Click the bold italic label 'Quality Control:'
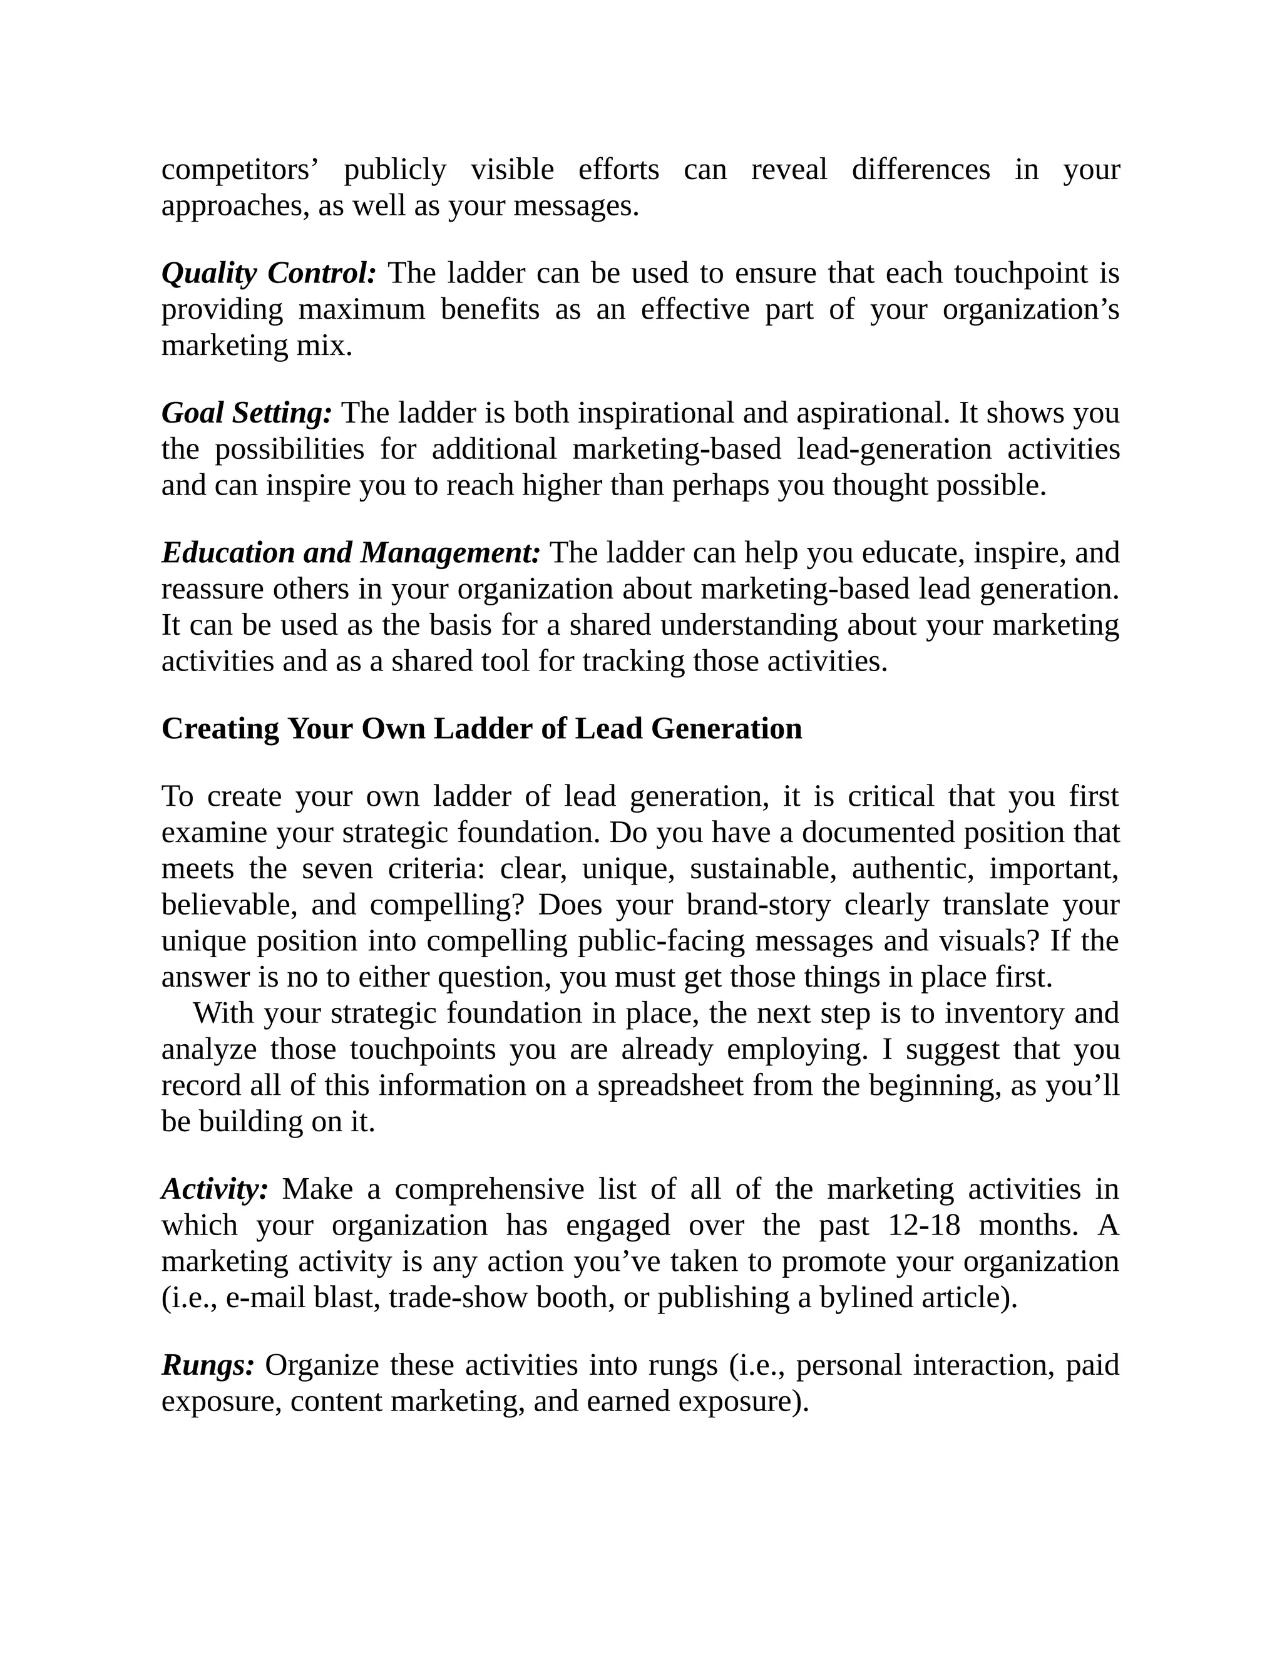tap(269, 274)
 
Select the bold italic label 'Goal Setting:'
tap(247, 413)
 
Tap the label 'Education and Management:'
tap(351, 553)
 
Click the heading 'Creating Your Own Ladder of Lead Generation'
tap(481, 729)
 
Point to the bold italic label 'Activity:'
tap(215, 1189)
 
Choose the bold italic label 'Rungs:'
tap(208, 1365)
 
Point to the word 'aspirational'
tap(873, 413)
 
